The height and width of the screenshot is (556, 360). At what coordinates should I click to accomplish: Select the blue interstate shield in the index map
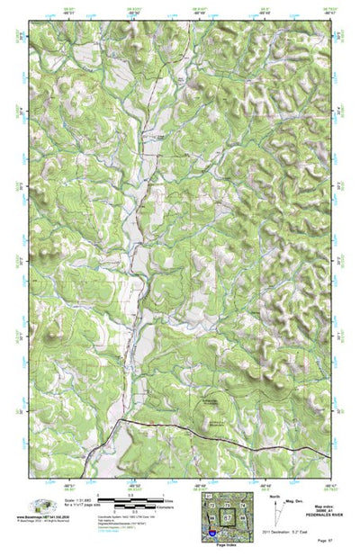[211, 534]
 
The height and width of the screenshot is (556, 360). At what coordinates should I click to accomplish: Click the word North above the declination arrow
[273, 494]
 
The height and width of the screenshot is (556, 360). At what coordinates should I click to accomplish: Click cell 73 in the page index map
[228, 506]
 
